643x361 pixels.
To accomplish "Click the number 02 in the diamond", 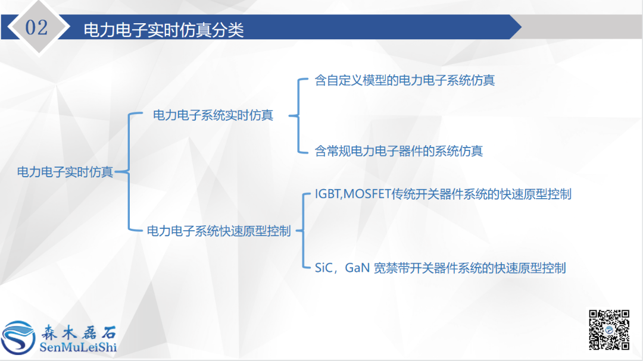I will pos(37,27).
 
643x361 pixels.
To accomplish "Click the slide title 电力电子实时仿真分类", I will pos(164,30).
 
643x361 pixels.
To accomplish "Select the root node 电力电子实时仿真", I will pos(65,172).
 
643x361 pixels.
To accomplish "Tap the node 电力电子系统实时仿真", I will pos(213,115).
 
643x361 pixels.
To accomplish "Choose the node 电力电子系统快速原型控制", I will pos(219,231).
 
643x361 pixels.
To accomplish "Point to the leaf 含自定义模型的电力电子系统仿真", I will pos(405,80).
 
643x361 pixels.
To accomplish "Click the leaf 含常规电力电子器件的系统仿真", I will pos(399,151).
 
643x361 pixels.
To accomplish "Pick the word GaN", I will pos(357,268).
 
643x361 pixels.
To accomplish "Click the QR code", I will pos(609,329).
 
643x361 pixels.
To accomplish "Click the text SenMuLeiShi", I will pos(77,346).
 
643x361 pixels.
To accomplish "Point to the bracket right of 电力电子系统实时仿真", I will pos(298,115).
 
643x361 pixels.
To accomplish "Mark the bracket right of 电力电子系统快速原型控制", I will pos(303,231).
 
